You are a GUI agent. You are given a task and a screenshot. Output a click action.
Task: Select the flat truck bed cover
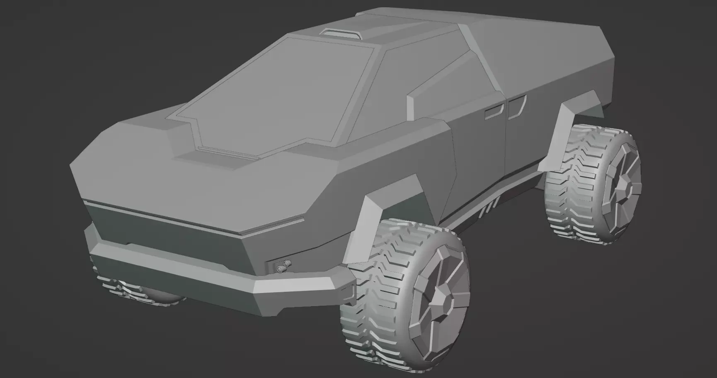pos(539,54)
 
